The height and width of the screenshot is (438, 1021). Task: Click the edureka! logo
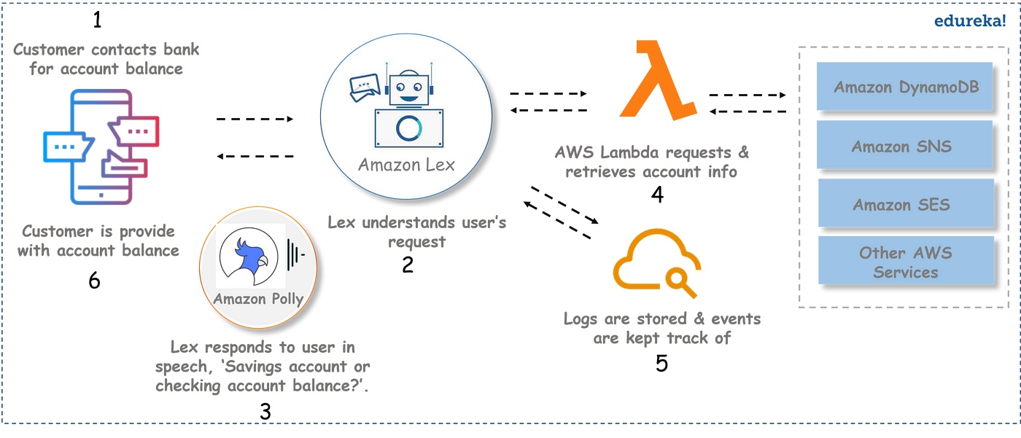tap(970, 20)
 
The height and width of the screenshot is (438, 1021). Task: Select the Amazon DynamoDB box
tap(905, 86)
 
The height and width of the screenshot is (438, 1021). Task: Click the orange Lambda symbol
tap(658, 80)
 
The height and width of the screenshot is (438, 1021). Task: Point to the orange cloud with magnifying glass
tap(657, 262)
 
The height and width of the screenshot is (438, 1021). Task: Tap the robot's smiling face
tap(408, 89)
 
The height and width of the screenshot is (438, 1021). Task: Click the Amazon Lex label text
tap(406, 165)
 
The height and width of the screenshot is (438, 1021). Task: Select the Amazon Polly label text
tap(258, 299)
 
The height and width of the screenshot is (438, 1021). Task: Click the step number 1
tap(97, 20)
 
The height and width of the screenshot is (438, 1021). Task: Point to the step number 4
tap(657, 195)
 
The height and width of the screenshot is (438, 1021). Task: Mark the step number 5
tap(661, 364)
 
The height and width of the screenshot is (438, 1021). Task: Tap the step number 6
tap(94, 280)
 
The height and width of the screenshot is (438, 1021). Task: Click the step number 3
tap(265, 412)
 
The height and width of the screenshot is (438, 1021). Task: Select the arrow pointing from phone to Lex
tap(255, 119)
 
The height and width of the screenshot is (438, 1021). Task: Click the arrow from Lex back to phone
tap(255, 156)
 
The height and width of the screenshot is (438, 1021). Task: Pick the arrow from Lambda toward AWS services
tap(748, 95)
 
